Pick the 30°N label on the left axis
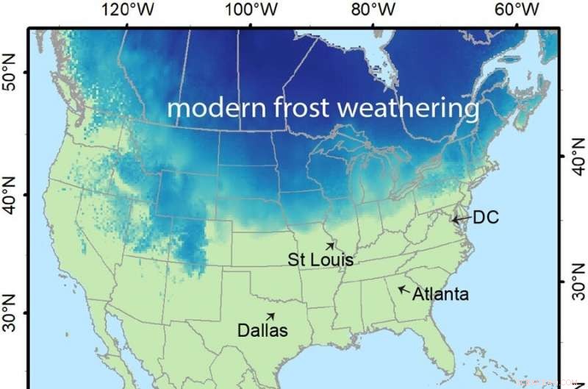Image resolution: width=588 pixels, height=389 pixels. pos(10,312)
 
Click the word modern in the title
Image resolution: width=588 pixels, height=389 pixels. pos(207,108)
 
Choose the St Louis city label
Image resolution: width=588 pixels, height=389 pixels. pos(320,260)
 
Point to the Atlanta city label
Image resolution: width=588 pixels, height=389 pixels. pos(440,295)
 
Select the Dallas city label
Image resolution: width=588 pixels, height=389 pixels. pos(262,330)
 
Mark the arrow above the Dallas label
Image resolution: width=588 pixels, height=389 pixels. pos(270,316)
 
